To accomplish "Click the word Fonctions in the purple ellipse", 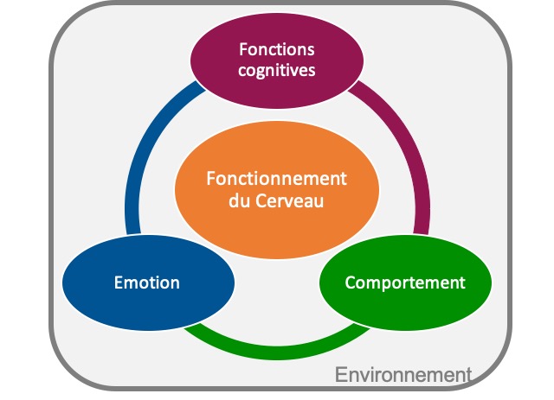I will click(x=277, y=49).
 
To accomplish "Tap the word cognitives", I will click(x=277, y=69).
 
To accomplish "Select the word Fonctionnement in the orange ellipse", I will click(x=276, y=179).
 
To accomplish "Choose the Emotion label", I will click(x=147, y=283).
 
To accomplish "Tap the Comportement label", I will click(x=405, y=283).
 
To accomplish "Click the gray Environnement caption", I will click(x=403, y=375).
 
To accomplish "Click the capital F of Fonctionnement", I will click(x=210, y=179).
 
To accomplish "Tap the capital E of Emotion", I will click(x=119, y=283).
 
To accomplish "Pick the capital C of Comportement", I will click(x=350, y=283).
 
